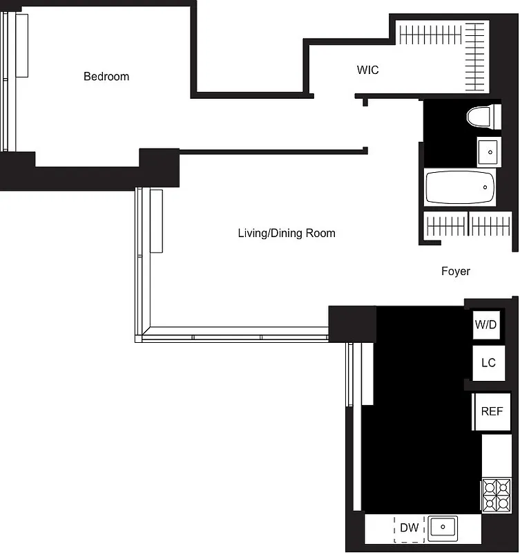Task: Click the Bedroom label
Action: pyautogui.click(x=106, y=76)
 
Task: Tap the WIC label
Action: pyautogui.click(x=367, y=70)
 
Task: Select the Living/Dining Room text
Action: pyautogui.click(x=287, y=233)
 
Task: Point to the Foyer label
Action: pyautogui.click(x=456, y=271)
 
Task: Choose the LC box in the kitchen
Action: pyautogui.click(x=488, y=362)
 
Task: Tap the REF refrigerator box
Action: pyautogui.click(x=491, y=411)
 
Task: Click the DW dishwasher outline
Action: pyautogui.click(x=409, y=528)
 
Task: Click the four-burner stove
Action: pyautogui.click(x=496, y=494)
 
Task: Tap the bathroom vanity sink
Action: pyautogui.click(x=489, y=151)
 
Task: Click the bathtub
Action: pyautogui.click(x=460, y=187)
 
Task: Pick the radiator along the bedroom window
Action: pyautogui.click(x=22, y=46)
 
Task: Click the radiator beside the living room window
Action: pyautogui.click(x=156, y=221)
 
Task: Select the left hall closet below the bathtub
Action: pyautogui.click(x=445, y=225)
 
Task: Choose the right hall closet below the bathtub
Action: pyautogui.click(x=490, y=225)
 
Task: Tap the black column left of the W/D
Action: pyautogui.click(x=352, y=323)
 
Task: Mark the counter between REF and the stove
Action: pyautogui.click(x=496, y=456)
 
